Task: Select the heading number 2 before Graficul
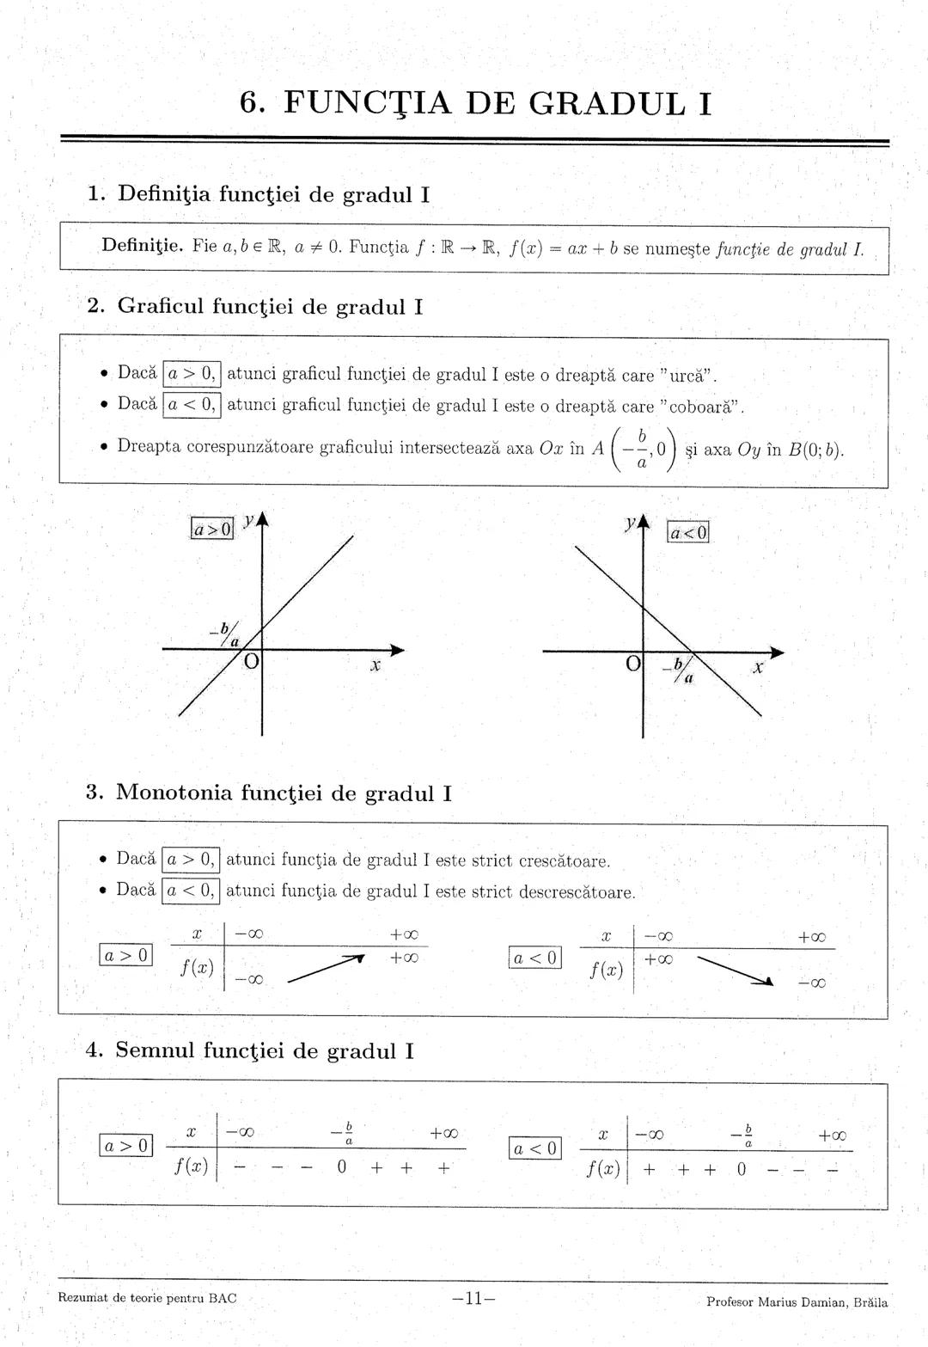click(x=95, y=306)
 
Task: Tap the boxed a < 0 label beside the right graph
click(x=689, y=533)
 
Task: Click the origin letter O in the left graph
click(x=251, y=662)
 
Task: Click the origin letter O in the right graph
click(x=632, y=664)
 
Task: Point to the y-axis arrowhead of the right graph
click(x=644, y=523)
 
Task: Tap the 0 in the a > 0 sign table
click(x=341, y=1167)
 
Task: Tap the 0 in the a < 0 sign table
click(x=742, y=1169)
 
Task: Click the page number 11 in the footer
click(x=473, y=1298)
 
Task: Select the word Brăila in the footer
click(x=870, y=1301)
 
